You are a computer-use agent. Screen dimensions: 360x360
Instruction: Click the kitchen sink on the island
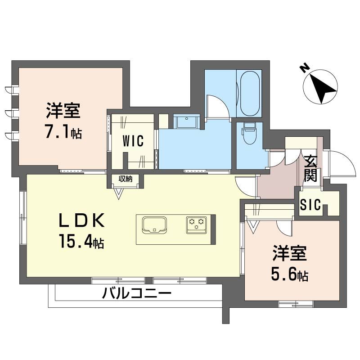[154, 224]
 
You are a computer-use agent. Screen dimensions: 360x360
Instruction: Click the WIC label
[133, 141]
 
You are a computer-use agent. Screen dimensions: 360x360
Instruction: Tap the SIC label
[310, 206]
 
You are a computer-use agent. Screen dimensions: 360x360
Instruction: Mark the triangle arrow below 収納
[119, 193]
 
